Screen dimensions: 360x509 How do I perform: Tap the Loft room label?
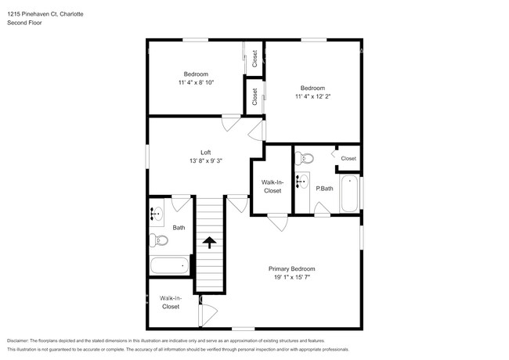coord(206,152)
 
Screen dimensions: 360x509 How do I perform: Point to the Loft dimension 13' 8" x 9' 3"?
coord(206,160)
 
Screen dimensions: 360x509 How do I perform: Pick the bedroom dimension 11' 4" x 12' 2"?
coord(312,97)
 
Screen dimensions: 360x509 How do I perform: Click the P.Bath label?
coord(324,189)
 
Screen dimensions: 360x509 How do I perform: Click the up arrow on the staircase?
coord(208,242)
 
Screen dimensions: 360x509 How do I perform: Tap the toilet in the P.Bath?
coord(306,159)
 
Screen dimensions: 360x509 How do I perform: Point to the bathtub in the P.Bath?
coord(350,194)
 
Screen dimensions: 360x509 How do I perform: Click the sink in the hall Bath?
coord(157,212)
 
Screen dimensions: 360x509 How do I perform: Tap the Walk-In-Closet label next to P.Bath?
coord(272,186)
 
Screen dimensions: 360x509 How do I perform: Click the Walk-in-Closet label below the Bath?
coord(170,302)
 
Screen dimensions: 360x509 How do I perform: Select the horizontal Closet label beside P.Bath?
coord(348,158)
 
